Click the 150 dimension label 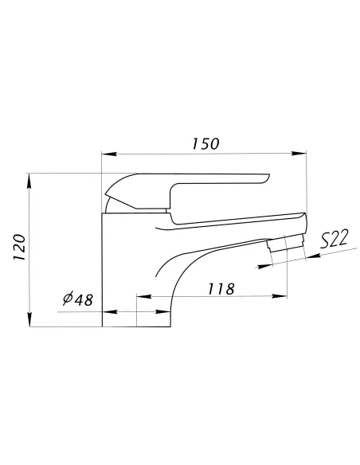point(205,143)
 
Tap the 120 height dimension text point(20,248)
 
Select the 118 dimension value point(221,289)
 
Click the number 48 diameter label point(84,300)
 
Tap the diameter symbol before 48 point(68,299)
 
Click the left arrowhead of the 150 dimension point(108,154)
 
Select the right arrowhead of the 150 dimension point(299,154)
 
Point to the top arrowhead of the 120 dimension point(29,181)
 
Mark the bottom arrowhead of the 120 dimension point(29,319)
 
